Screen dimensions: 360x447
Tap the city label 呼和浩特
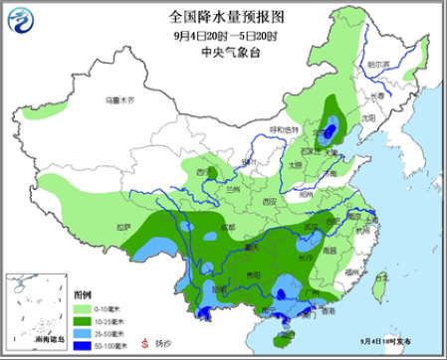[x=284, y=129]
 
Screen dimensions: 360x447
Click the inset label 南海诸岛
[x=47, y=341]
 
